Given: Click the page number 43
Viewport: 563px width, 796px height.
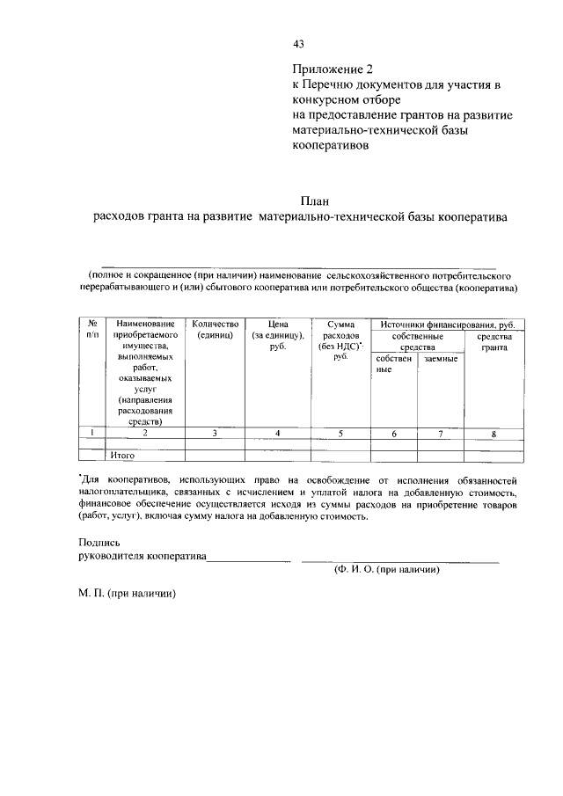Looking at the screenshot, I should pos(298,44).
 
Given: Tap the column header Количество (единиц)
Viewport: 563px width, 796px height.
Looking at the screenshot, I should pos(215,330).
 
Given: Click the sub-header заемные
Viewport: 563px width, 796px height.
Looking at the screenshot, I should pos(440,359).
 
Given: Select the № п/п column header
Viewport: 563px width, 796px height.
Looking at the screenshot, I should pos(91,330).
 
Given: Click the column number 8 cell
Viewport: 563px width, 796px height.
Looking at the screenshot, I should pos(494,433).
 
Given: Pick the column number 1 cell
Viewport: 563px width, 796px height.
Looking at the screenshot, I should pos(91,433).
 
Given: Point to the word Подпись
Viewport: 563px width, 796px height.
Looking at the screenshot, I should pos(98,543).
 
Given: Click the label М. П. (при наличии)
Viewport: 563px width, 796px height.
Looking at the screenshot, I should pos(128,594).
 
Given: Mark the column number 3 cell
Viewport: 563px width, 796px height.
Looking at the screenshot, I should pos(215,433).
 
